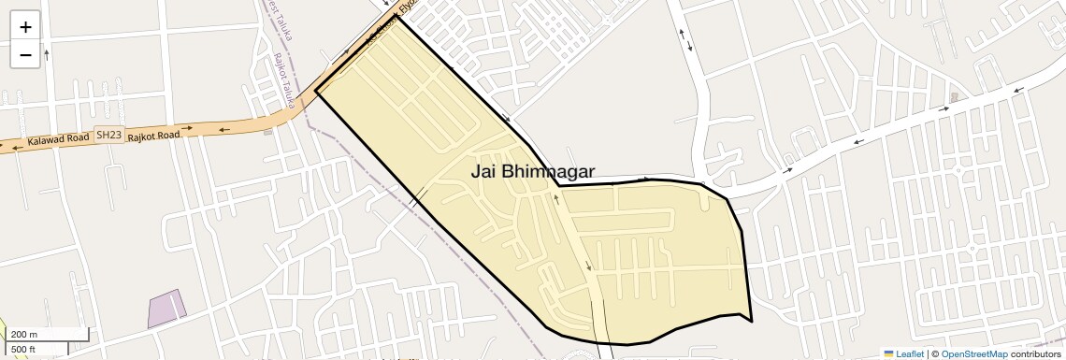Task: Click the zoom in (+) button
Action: [x=25, y=27]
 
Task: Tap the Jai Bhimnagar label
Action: [x=532, y=171]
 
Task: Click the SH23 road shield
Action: [x=109, y=136]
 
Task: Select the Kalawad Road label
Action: [x=58, y=138]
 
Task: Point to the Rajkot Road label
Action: [x=153, y=133]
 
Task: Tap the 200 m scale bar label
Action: [x=25, y=334]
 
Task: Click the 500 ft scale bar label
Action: [x=23, y=349]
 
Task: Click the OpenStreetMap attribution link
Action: [x=973, y=353]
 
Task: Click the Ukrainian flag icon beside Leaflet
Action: [x=889, y=353]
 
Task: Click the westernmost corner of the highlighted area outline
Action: [x=316, y=91]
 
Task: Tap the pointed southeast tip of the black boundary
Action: [x=752, y=322]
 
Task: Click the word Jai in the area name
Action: [x=484, y=171]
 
